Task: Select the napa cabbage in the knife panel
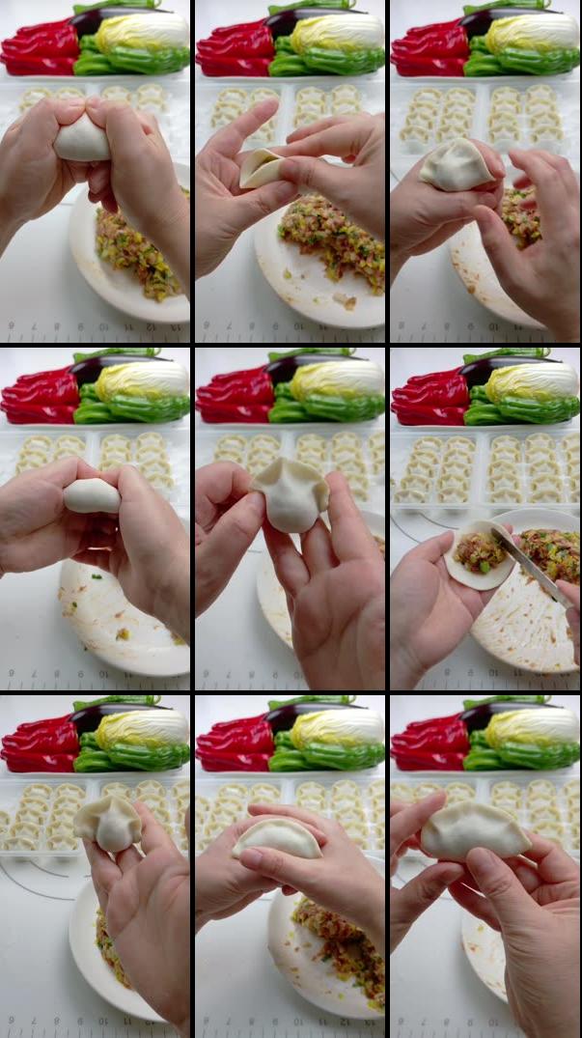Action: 531,382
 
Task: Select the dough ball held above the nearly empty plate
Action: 92,495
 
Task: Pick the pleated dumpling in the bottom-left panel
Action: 108,824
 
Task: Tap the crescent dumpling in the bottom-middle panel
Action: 278,838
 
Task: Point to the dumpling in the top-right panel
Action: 457,164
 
